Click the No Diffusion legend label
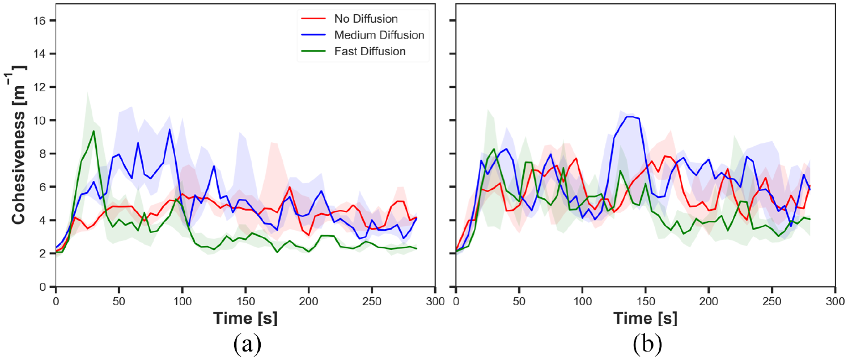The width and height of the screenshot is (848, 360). (x=366, y=19)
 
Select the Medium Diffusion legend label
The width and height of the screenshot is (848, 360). (x=379, y=35)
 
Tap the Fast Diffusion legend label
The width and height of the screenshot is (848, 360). (x=370, y=51)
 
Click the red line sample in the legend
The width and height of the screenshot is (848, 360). (x=313, y=19)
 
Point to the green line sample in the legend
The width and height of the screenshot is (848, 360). (x=313, y=51)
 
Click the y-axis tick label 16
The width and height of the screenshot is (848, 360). (x=39, y=20)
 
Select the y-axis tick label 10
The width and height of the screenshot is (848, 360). (x=39, y=120)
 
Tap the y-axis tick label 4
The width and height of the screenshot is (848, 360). (x=43, y=221)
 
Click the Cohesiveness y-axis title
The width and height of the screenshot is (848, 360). (x=18, y=145)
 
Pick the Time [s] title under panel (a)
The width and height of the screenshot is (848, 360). (x=245, y=318)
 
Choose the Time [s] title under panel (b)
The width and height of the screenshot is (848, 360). (x=646, y=318)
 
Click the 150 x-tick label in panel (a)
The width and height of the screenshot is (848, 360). (x=245, y=302)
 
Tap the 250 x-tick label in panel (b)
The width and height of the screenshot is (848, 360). (x=771, y=302)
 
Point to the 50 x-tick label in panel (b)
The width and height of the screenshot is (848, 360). (x=519, y=302)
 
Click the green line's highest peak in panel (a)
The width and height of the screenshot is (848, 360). (x=94, y=131)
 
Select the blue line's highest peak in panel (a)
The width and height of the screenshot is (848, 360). (x=169, y=129)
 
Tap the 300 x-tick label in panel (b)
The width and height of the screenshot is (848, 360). (x=835, y=302)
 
